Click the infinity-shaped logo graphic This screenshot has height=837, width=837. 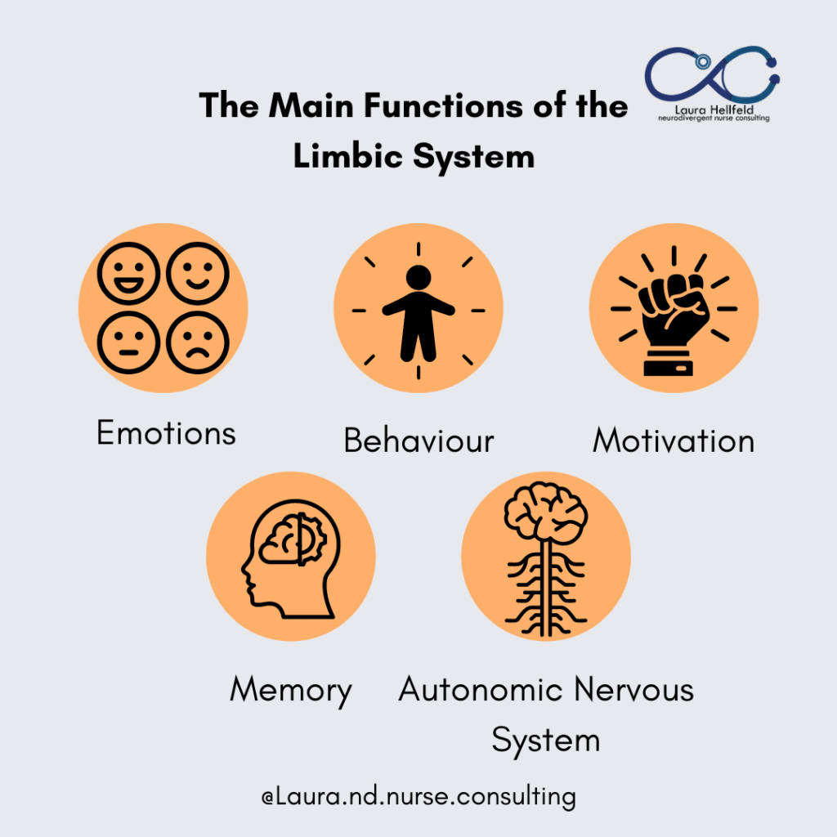pyautogui.click(x=712, y=78)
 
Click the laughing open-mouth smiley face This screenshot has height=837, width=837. pyautogui.click(x=128, y=273)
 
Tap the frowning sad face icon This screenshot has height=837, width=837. pyautogui.click(x=198, y=342)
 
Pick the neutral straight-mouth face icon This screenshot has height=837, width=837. pyautogui.click(x=128, y=342)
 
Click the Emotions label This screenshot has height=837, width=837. pyautogui.click(x=166, y=432)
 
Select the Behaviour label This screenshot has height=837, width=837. pyautogui.click(x=418, y=441)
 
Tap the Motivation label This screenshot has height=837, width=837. pyautogui.click(x=674, y=441)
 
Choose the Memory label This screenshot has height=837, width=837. pyautogui.click(x=291, y=691)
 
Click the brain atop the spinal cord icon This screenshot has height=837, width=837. pyautogui.click(x=546, y=511)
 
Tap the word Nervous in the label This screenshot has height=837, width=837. pyautogui.click(x=633, y=691)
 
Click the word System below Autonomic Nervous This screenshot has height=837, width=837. pyautogui.click(x=545, y=741)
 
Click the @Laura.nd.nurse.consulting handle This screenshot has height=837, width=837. pyautogui.click(x=418, y=796)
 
